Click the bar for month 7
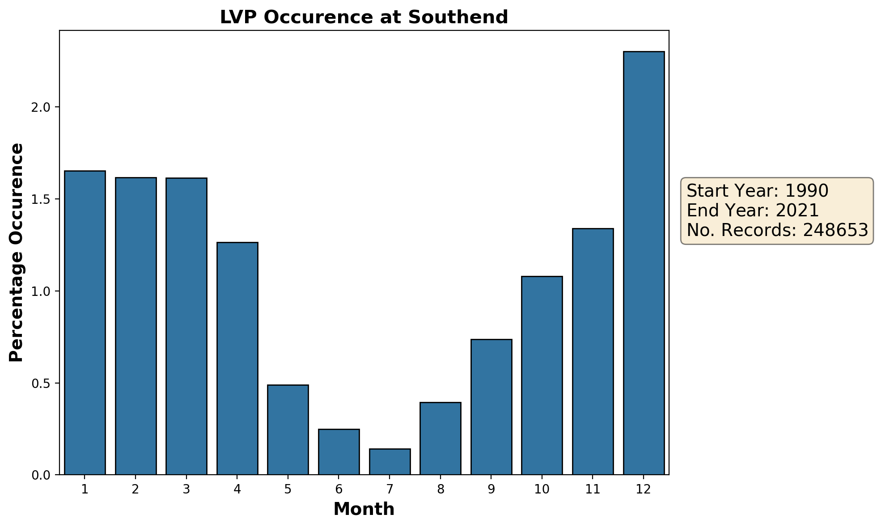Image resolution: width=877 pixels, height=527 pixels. (x=390, y=461)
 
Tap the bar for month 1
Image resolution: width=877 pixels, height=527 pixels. (x=85, y=322)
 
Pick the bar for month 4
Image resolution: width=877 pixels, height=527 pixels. (x=237, y=358)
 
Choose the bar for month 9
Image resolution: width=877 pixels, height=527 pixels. (x=491, y=407)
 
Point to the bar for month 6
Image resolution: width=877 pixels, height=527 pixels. (x=339, y=451)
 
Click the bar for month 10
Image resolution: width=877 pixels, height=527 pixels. (x=542, y=375)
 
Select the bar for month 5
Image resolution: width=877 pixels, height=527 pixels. (x=288, y=429)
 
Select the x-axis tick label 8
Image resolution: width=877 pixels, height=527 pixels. (x=441, y=490)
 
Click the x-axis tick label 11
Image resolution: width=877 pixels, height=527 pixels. (x=593, y=490)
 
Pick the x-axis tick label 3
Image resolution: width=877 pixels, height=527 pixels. (x=186, y=490)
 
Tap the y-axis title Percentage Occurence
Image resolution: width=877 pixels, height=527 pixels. (x=17, y=253)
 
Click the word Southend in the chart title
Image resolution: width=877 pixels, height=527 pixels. (x=458, y=17)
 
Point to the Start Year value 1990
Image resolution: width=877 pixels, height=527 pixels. (x=807, y=191)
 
